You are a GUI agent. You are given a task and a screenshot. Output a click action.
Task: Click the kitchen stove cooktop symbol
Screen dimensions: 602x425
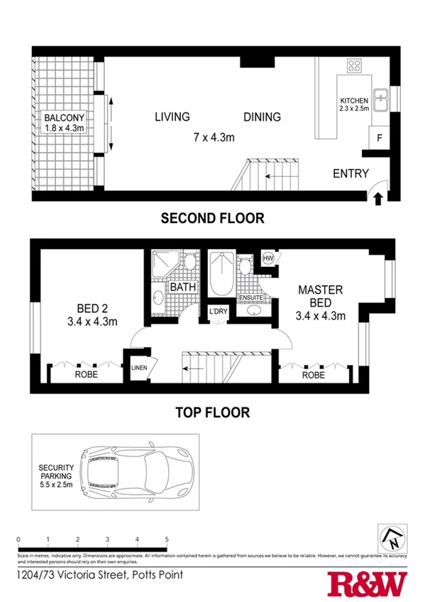(x=355, y=67)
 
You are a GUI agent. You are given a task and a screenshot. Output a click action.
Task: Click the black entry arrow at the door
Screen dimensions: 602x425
(x=378, y=198)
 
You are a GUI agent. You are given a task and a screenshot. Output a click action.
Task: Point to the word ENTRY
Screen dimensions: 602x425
(x=351, y=173)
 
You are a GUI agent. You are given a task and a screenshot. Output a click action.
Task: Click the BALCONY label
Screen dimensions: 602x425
(x=64, y=117)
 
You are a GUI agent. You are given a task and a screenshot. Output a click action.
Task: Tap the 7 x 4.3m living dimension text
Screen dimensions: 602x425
(x=214, y=137)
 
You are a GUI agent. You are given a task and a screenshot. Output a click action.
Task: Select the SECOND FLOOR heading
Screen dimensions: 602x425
(x=212, y=219)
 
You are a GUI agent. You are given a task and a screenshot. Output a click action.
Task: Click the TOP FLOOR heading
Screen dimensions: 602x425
(x=212, y=412)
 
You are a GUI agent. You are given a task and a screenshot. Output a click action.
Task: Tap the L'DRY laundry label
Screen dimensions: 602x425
(x=217, y=311)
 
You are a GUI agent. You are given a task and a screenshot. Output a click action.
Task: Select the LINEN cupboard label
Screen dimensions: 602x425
(x=139, y=367)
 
